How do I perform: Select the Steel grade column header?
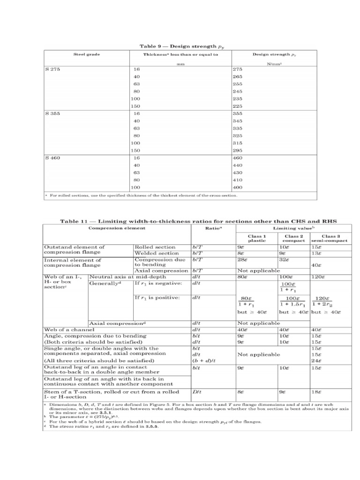point(87,55)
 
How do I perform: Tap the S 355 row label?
point(53,113)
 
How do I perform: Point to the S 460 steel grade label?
point(53,158)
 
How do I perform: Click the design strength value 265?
point(238,76)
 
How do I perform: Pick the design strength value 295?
point(238,150)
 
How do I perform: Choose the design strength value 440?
point(238,165)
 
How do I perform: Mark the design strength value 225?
point(238,106)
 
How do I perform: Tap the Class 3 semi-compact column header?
point(328,238)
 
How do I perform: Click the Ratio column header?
point(213,229)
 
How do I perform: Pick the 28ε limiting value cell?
point(243,259)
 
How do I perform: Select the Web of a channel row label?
point(69,330)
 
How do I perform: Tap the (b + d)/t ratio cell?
point(202,361)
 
